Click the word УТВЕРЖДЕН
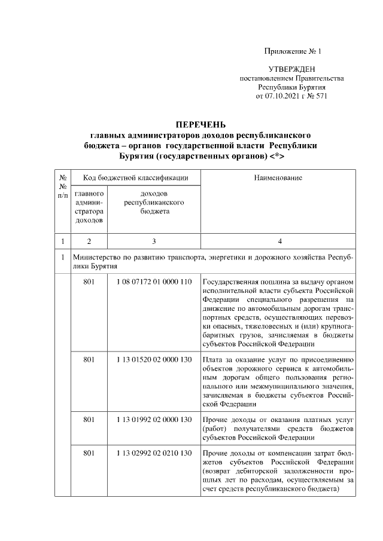pyautogui.click(x=291, y=70)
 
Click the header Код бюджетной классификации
pyautogui.click(x=136, y=178)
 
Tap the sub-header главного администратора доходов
pyautogui.click(x=89, y=207)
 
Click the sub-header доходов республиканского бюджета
pyautogui.click(x=154, y=203)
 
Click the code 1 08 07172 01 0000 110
pyautogui.click(x=154, y=281)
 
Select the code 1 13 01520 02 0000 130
pyautogui.click(x=154, y=360)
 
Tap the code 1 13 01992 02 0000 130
pyautogui.click(x=154, y=420)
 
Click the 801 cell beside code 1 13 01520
pyautogui.click(x=89, y=360)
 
